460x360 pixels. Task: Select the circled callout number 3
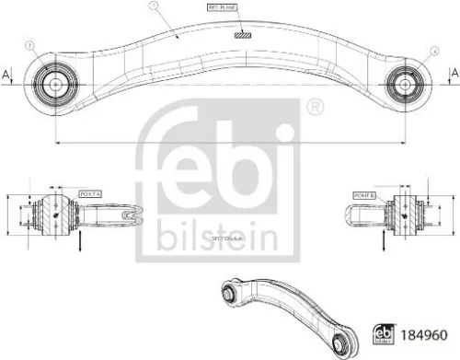pos(31,46)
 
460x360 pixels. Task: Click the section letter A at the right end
pos(452,73)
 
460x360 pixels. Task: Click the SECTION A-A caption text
pos(227,237)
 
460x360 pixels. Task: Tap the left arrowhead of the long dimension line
pos(58,143)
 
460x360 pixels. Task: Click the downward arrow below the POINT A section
pos(79,242)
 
